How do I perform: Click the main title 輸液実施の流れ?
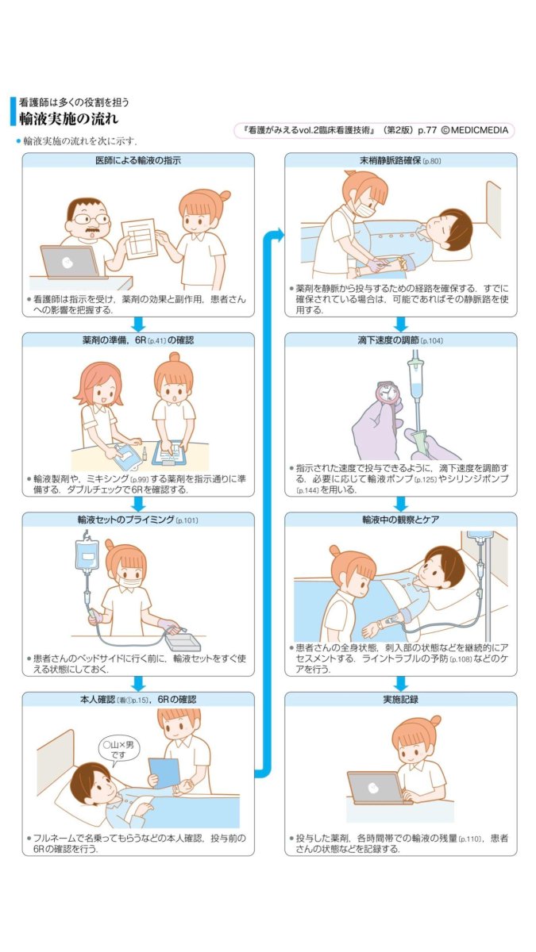(69, 119)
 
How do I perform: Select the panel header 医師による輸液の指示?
(138, 160)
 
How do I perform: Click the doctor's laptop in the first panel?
(72, 262)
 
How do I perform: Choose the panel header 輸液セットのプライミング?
(138, 520)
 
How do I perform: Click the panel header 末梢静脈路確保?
(400, 160)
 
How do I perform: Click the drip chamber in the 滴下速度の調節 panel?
(415, 373)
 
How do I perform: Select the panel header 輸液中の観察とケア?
(400, 520)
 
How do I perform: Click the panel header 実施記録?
(400, 700)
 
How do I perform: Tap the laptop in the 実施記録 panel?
(376, 787)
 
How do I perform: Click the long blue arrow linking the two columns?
(268, 500)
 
